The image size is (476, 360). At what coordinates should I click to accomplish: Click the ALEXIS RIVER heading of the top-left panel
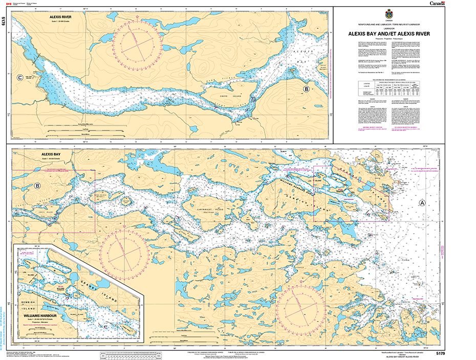[60, 16]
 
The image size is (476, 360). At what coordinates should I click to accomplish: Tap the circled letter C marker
[19, 78]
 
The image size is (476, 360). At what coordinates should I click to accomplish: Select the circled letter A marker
[422, 202]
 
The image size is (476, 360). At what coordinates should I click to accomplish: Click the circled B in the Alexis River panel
[306, 89]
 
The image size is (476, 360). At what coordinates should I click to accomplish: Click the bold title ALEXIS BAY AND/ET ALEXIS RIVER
[387, 34]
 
